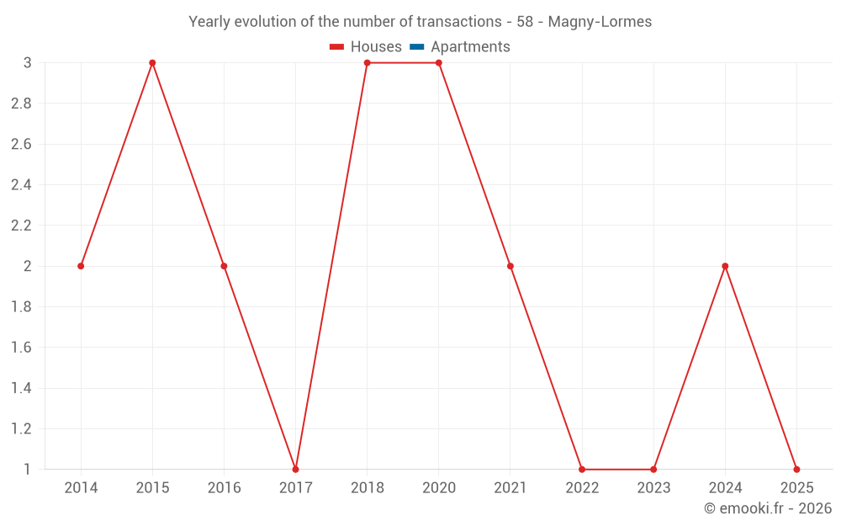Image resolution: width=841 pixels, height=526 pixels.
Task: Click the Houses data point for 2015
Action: click(152, 63)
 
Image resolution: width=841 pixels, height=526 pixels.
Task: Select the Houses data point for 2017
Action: click(295, 469)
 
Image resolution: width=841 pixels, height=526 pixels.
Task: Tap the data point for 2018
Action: click(368, 63)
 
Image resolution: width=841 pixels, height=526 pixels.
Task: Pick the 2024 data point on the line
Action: click(725, 266)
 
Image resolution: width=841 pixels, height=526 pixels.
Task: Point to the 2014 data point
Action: click(81, 266)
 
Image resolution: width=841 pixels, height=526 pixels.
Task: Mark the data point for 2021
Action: click(510, 266)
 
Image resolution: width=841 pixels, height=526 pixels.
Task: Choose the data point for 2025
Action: click(796, 469)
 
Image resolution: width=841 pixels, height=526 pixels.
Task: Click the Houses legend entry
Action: click(366, 47)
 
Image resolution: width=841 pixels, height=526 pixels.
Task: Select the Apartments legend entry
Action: click(460, 47)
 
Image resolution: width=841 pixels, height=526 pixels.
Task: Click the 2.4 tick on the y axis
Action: click(21, 185)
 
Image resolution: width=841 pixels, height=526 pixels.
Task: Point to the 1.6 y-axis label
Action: click(21, 348)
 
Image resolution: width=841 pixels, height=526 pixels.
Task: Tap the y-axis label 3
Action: click(28, 63)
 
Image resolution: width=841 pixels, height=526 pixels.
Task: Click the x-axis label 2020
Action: click(439, 488)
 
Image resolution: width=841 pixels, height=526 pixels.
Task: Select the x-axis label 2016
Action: click(224, 488)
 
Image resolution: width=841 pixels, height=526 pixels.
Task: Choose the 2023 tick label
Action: click(653, 488)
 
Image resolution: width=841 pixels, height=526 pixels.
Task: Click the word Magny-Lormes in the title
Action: click(600, 22)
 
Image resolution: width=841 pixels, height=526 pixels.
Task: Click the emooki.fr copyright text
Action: click(768, 508)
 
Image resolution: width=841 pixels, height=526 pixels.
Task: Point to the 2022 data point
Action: click(582, 469)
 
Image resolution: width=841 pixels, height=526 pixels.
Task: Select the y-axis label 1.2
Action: click(21, 428)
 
